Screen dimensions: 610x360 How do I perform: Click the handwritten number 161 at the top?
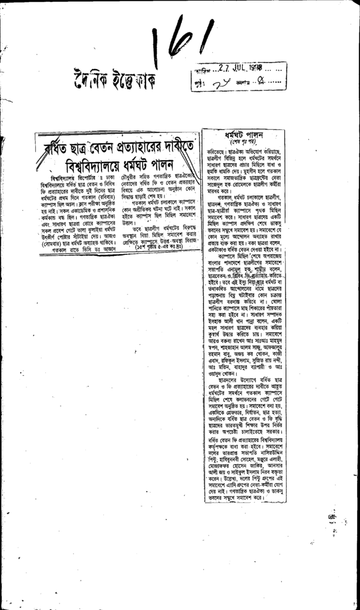(181, 39)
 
